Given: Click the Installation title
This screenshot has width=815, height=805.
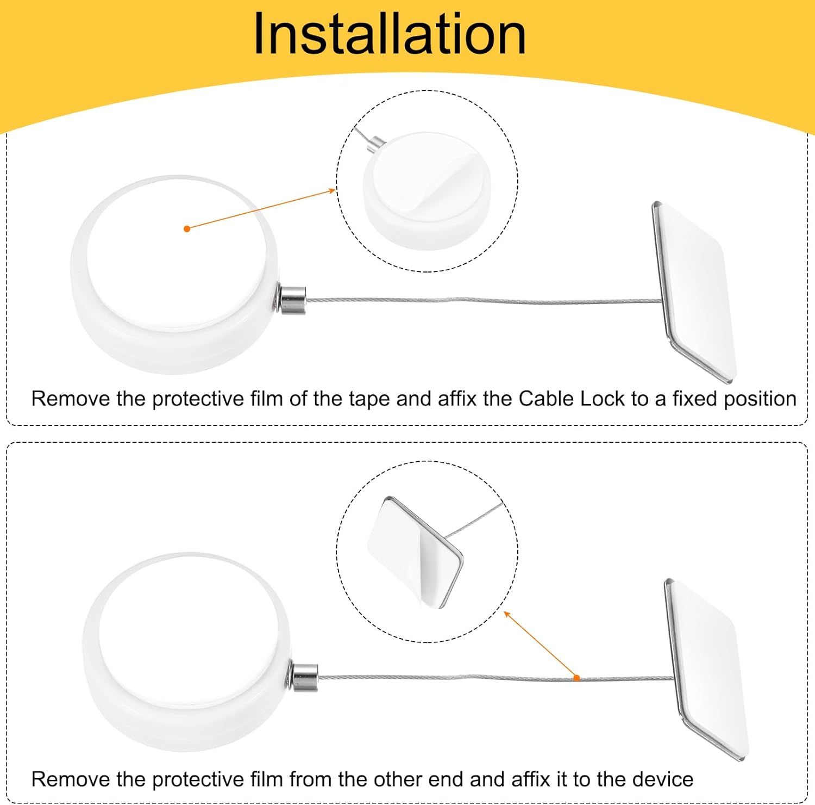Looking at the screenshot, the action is (390, 34).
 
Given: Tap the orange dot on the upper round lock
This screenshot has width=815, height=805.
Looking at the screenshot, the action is (187, 228).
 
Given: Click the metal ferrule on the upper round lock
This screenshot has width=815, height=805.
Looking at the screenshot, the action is (292, 299).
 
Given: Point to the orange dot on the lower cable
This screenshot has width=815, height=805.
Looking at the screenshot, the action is (576, 678).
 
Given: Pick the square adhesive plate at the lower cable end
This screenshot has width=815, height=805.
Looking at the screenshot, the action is (707, 668).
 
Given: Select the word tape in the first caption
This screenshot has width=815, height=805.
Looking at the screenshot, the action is (369, 400).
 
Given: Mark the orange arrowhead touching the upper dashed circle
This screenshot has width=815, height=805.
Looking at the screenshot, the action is (332, 190).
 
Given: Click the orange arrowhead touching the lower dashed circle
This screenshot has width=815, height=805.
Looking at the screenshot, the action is (507, 615).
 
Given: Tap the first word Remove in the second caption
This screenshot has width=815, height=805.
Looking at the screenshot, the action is (70, 779).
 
